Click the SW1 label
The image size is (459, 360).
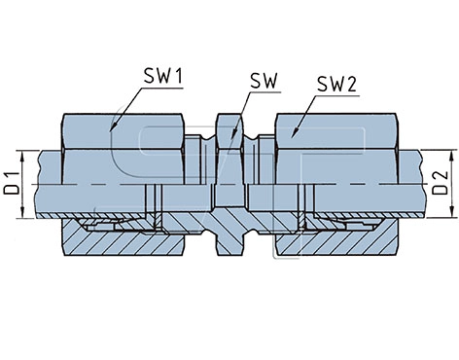tap(163, 77)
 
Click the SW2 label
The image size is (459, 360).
tap(336, 84)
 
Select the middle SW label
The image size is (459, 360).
tap(265, 81)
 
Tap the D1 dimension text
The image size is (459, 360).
tap(11, 184)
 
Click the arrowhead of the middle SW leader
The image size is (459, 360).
tap(233, 134)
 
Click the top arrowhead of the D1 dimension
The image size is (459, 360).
tap(22, 157)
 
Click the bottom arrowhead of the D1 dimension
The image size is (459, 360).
tap(22, 212)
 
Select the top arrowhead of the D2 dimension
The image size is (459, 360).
tap(451, 156)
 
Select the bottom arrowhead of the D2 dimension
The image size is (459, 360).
tap(451, 211)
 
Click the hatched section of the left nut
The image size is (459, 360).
tap(124, 241)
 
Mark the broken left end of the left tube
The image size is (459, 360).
tap(39, 184)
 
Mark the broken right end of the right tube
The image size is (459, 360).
tap(421, 184)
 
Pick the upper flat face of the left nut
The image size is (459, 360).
tap(124, 131)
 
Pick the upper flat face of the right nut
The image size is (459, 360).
tap(336, 131)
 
